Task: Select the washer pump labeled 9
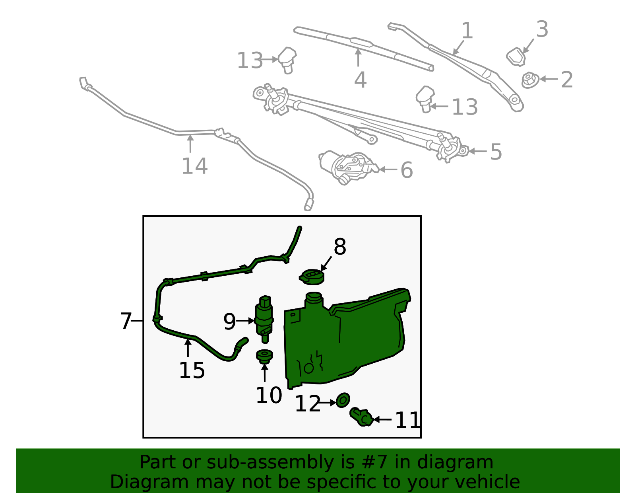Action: click(264, 318)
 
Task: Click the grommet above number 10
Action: click(264, 356)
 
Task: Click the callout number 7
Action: click(126, 321)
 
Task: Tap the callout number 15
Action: click(192, 370)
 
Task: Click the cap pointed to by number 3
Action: click(516, 57)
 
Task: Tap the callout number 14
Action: click(194, 166)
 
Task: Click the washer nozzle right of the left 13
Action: click(287, 59)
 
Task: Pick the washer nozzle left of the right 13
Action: click(425, 98)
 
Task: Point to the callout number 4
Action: click(360, 80)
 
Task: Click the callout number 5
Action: click(496, 152)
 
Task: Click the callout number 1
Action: click(467, 31)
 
